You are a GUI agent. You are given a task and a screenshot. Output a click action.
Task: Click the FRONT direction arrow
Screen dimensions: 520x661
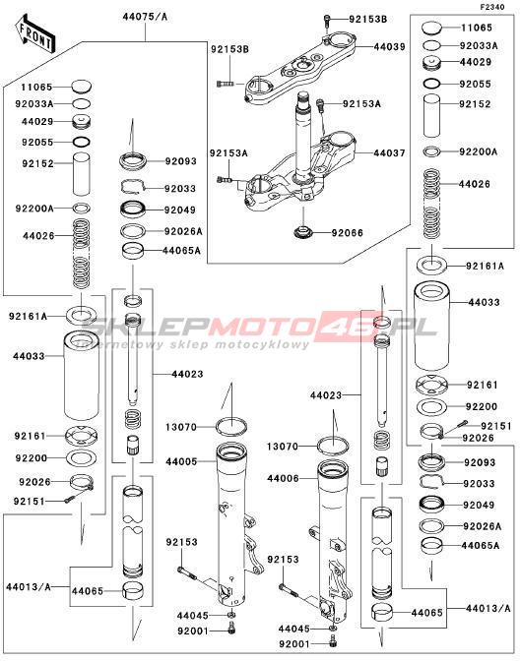tap(35, 34)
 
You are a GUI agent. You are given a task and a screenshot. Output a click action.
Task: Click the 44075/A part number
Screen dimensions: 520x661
tap(145, 17)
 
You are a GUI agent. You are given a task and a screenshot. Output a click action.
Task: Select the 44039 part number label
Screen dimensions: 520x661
tap(389, 46)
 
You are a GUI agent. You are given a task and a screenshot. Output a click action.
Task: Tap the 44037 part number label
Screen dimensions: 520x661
tap(389, 152)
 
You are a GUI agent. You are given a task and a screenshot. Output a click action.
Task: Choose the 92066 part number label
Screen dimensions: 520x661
tap(347, 233)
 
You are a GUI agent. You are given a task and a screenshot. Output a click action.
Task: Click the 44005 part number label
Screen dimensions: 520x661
tap(181, 461)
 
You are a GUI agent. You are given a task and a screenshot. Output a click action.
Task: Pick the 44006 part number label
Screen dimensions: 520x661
tap(283, 478)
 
